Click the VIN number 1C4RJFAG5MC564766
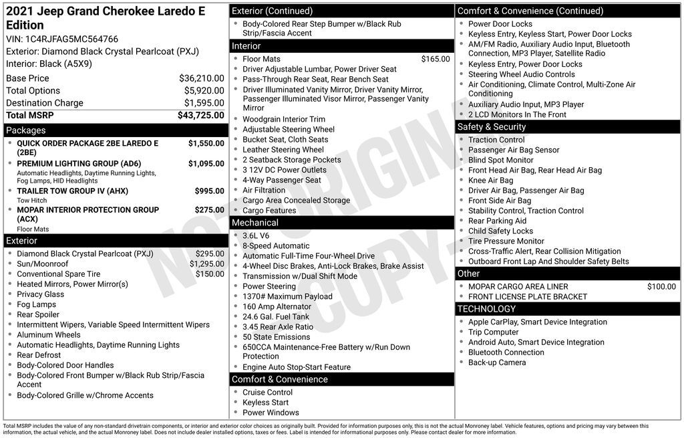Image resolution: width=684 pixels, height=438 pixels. pyautogui.click(x=71, y=39)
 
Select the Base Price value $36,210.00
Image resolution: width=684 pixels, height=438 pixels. pyautogui.click(x=201, y=78)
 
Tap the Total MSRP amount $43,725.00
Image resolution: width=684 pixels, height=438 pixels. pyautogui.click(x=200, y=115)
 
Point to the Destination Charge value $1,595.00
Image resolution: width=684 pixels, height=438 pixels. pyautogui.click(x=204, y=103)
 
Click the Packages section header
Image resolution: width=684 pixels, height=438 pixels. pyautogui.click(x=26, y=130)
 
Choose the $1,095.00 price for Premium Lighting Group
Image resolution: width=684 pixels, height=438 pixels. pyautogui.click(x=206, y=164)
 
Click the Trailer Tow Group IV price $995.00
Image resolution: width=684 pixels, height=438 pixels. pyautogui.click(x=209, y=191)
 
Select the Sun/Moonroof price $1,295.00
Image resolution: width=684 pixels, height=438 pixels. pyautogui.click(x=207, y=263)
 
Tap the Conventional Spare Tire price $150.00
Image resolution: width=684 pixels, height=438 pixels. pyautogui.click(x=210, y=273)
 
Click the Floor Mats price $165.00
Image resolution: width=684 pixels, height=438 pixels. pyautogui.click(x=436, y=59)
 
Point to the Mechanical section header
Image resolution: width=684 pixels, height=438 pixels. pyautogui.click(x=255, y=223)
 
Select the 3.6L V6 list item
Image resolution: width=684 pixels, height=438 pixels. pyautogui.click(x=256, y=235)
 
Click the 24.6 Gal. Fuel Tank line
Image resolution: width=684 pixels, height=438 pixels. pyautogui.click(x=276, y=317)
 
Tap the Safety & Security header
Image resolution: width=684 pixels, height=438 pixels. pyautogui.click(x=492, y=127)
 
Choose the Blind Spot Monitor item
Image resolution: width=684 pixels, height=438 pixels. pyautogui.click(x=500, y=160)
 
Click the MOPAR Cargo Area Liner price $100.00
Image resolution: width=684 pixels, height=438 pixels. pyautogui.click(x=661, y=287)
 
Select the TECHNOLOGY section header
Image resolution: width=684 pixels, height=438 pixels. pyautogui.click(x=486, y=309)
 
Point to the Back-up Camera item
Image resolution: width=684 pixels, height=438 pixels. pyautogui.click(x=497, y=362)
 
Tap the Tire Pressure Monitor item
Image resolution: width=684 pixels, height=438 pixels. pyautogui.click(x=506, y=241)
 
